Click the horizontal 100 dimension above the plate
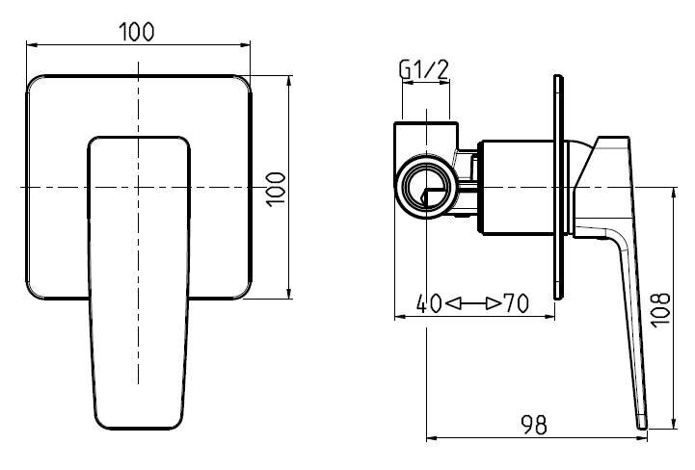[137, 32]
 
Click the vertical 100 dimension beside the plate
[276, 189]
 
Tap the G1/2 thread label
[424, 69]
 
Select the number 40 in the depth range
[429, 303]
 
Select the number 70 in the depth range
[517, 303]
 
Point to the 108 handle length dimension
[660, 309]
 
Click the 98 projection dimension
[534, 425]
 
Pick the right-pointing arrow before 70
[494, 304]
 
